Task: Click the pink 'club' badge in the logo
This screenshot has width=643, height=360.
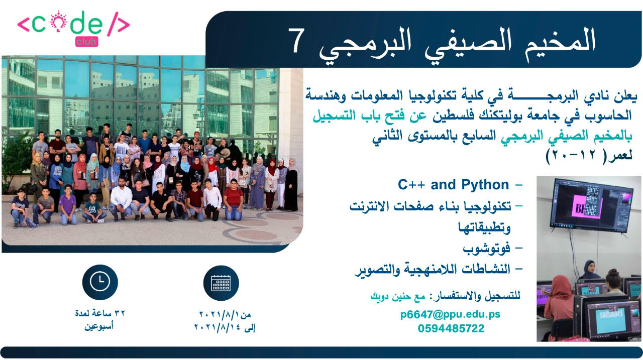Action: coord(87,42)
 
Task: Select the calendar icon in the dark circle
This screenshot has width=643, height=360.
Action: coord(221,283)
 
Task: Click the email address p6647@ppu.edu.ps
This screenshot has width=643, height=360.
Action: coord(451,314)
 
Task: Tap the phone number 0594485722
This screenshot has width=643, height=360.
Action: coord(451,328)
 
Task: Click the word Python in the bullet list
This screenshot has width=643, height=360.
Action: coord(485,185)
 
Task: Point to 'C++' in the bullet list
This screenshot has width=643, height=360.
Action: coord(411,185)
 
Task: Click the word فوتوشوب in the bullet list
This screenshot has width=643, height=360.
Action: coord(486,249)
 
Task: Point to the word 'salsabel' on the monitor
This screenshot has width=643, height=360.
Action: coord(611,314)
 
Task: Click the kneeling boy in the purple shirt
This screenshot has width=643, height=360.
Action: coord(68,204)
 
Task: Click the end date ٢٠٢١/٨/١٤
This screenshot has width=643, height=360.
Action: coord(218,327)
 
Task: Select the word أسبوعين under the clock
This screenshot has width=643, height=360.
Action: coord(99,326)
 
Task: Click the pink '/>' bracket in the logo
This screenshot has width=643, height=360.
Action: coord(119,25)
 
